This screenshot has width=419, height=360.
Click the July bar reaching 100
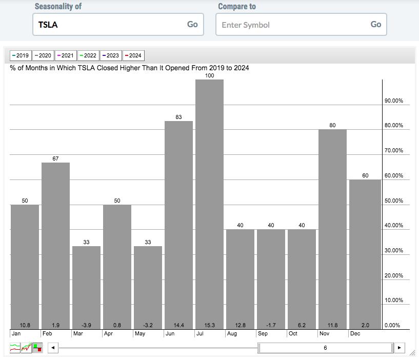coord(209,204)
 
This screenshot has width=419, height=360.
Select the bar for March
coord(86,288)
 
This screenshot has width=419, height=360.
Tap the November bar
coord(332,229)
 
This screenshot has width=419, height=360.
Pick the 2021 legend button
coord(66,55)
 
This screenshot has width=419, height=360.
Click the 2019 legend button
coord(21,55)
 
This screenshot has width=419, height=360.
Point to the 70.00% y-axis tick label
coord(394,150)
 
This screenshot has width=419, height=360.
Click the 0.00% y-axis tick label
coord(392,325)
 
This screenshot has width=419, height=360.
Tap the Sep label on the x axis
coord(263,333)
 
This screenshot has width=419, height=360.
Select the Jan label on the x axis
coord(16,333)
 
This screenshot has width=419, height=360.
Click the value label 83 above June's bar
coord(178,117)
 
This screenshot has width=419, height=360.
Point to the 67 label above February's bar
coord(55,158)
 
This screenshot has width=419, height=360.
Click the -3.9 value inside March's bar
coord(86,325)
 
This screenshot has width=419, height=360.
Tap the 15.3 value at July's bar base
coord(209,325)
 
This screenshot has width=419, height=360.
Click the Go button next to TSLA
coord(192,24)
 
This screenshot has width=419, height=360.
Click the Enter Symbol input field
coord(301,25)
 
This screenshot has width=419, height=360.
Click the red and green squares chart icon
coord(37,348)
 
